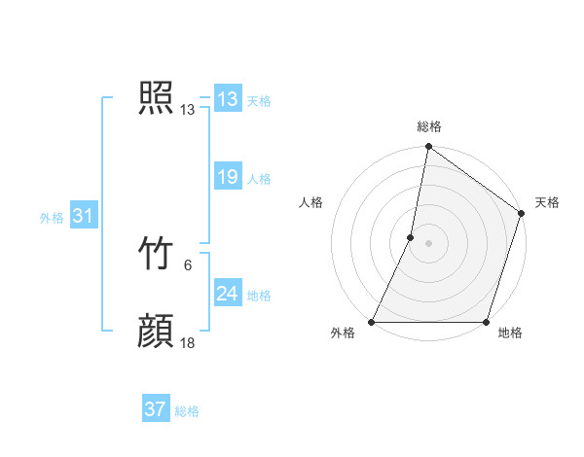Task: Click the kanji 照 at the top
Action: click(x=156, y=99)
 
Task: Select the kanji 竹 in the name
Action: click(x=156, y=255)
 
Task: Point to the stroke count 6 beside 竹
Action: click(x=188, y=264)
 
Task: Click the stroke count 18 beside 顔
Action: click(x=188, y=342)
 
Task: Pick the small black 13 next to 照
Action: click(x=188, y=110)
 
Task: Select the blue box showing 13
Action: click(x=228, y=99)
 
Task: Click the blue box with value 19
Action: click(x=228, y=177)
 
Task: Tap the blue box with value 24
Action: click(x=228, y=294)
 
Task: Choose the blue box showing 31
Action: click(x=83, y=216)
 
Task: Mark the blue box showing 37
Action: click(x=156, y=409)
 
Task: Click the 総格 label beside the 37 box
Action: click(x=187, y=411)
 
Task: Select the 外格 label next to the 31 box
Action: click(x=52, y=218)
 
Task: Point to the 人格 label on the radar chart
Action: click(x=311, y=202)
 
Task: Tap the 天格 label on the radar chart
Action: click(x=547, y=202)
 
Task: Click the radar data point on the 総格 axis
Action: click(x=428, y=148)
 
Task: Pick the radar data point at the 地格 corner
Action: click(x=486, y=322)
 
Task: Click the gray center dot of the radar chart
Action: click(x=428, y=243)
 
